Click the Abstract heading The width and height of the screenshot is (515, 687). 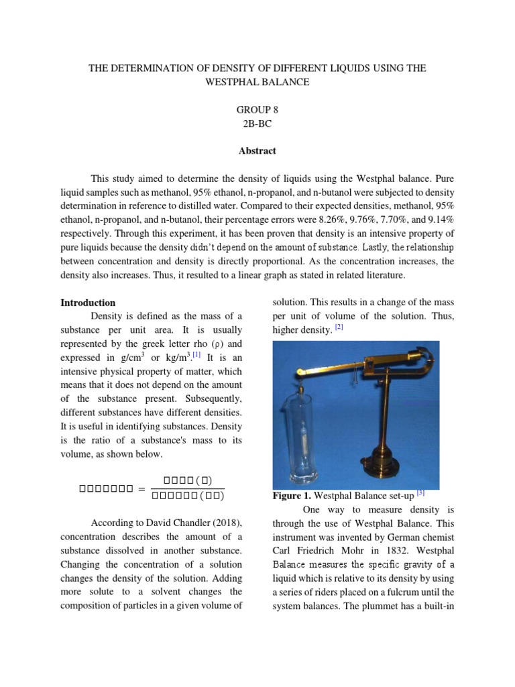[x=257, y=151]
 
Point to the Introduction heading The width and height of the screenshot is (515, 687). [x=88, y=303]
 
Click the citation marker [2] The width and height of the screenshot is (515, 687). [x=339, y=327]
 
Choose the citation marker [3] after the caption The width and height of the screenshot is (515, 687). [x=420, y=492]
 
